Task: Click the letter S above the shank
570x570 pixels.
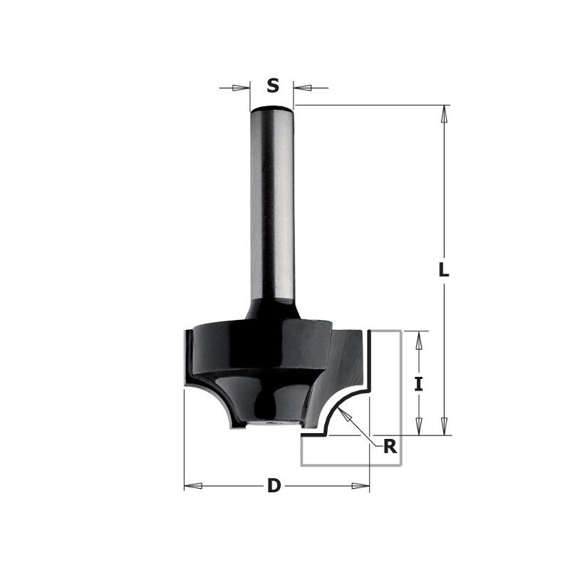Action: pyautogui.click(x=273, y=86)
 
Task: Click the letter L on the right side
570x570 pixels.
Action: pyautogui.click(x=444, y=271)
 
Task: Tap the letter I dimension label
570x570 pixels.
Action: pyautogui.click(x=419, y=384)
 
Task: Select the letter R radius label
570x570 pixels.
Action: pyautogui.click(x=390, y=447)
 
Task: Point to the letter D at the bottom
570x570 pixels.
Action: pyautogui.click(x=274, y=487)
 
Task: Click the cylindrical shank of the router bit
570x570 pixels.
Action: pyautogui.click(x=272, y=207)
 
